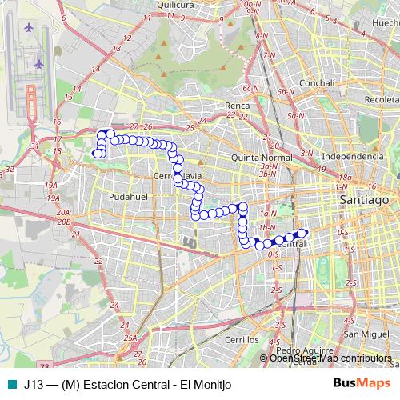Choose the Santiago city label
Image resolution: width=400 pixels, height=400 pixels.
pyautogui.click(x=363, y=198)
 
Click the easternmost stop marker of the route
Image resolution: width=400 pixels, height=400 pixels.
pyautogui.click(x=302, y=234)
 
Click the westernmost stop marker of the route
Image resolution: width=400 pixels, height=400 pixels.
pyautogui.click(x=97, y=153)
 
